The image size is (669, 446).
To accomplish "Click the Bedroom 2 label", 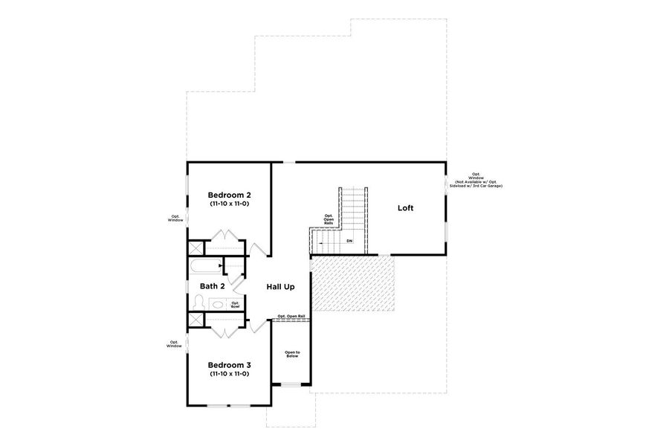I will click(229, 195).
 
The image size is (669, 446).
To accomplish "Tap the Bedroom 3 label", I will click(229, 365).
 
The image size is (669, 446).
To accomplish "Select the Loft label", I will click(405, 208).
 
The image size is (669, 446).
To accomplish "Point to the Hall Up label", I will click(281, 286).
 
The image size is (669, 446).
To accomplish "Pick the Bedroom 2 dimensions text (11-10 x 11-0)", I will click(229, 203).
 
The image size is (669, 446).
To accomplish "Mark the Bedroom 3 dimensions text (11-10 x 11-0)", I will click(229, 374).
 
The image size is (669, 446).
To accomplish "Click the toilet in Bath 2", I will click(198, 302).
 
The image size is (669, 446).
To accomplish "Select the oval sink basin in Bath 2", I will click(219, 303).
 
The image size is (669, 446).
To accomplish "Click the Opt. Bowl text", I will click(235, 303).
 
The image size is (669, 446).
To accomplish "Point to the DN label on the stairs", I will click(349, 242).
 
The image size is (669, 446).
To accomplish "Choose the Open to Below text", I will click(292, 354).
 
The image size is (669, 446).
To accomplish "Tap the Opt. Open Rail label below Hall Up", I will click(291, 317).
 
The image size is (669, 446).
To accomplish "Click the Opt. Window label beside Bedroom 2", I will click(175, 219).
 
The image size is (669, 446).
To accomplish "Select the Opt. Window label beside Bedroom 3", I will click(175, 344).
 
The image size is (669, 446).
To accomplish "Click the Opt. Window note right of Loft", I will click(476, 179).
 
